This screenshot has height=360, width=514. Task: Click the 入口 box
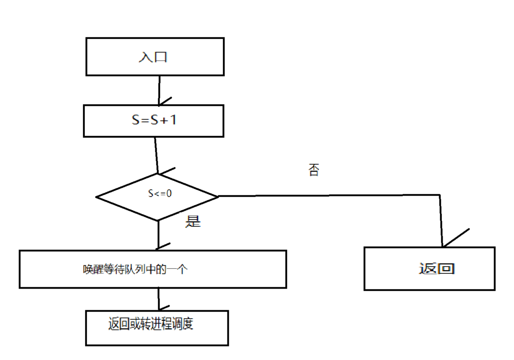click(x=155, y=57)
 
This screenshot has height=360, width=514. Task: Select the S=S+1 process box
click(x=153, y=121)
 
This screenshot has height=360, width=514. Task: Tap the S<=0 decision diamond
click(x=157, y=197)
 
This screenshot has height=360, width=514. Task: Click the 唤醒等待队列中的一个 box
click(x=152, y=269)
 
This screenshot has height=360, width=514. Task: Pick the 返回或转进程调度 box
click(x=157, y=328)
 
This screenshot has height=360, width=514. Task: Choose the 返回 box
click(x=429, y=268)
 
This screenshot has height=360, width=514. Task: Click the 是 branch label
click(x=193, y=222)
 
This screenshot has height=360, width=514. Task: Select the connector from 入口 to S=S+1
click(x=159, y=90)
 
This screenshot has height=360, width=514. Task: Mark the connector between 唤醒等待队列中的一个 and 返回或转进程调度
click(x=158, y=299)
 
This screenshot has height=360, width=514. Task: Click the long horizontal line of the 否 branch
click(x=327, y=195)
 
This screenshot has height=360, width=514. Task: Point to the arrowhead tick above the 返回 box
click(x=455, y=238)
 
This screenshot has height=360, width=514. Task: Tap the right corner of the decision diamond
click(x=218, y=196)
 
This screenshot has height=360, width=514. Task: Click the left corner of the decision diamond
click(x=97, y=197)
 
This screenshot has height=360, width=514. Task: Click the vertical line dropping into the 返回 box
click(x=441, y=220)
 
